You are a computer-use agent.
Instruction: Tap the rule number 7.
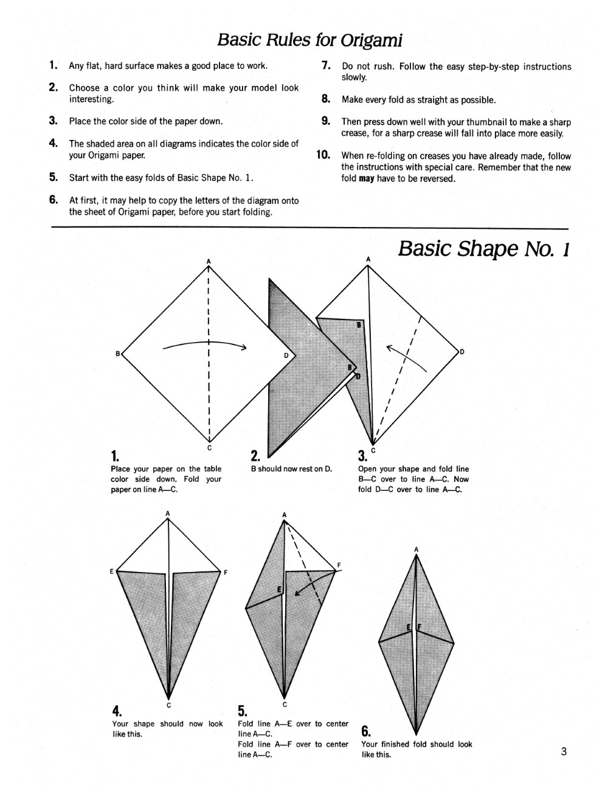[x=326, y=66]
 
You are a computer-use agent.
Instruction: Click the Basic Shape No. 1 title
[x=483, y=249]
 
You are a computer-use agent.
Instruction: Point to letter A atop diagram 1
[x=209, y=262]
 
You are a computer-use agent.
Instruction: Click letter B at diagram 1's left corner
[x=118, y=354]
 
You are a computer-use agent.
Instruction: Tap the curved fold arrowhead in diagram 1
[x=243, y=348]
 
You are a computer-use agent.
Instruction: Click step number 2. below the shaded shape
[x=256, y=456]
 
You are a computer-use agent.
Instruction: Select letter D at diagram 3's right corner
[x=462, y=352]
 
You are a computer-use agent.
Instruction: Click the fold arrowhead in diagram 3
[x=390, y=347]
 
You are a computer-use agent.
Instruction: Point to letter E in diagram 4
[x=112, y=571]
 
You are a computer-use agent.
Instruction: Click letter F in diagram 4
[x=226, y=573]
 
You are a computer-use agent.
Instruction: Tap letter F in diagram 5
[x=339, y=566]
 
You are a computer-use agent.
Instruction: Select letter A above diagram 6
[x=416, y=549]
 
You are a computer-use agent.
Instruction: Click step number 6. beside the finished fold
[x=366, y=731]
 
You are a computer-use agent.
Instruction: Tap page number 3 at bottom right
[x=564, y=751]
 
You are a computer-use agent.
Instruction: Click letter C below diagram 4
[x=168, y=705]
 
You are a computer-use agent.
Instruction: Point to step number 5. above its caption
[x=243, y=711]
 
